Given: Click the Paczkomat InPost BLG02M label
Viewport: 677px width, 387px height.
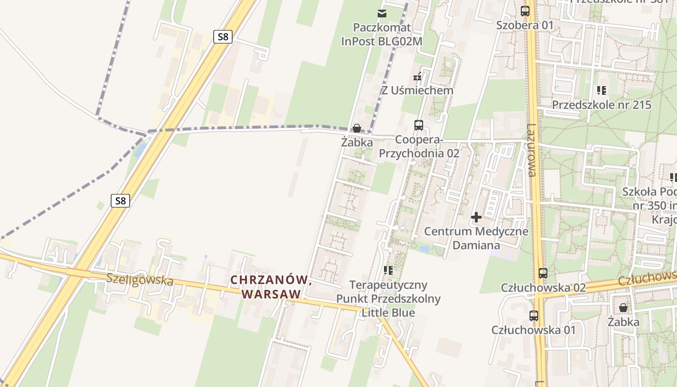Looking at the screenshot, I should coord(382,34).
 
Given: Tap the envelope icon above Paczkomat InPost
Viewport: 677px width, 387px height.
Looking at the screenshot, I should coord(382,13).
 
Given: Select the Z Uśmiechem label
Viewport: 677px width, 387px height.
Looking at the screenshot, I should coord(418,90).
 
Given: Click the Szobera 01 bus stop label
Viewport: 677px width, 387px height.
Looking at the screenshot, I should coord(525,25).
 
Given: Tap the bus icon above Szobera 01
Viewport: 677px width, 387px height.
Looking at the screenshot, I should coord(525,11).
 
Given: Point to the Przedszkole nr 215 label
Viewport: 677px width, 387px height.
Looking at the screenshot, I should coord(602,105).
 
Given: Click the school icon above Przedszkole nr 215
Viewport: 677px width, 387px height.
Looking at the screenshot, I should coord(602,90).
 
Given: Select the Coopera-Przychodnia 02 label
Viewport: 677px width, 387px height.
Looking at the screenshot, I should coord(419,147).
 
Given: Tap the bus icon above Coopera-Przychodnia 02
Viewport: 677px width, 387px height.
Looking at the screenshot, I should coord(419,125).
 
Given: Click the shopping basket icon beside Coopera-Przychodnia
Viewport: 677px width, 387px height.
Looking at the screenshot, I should coord(357,128).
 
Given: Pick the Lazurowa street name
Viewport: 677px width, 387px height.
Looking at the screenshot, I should coord(531,150).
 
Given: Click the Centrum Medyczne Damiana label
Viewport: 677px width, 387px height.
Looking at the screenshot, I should coord(476,238).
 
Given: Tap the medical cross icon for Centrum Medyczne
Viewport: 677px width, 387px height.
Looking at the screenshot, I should coord(476,217).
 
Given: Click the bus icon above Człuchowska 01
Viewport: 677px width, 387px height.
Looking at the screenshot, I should coord(534,316).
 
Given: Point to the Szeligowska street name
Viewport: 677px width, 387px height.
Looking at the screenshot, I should coord(140,280).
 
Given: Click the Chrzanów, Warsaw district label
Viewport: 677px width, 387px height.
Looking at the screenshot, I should coord(270,287).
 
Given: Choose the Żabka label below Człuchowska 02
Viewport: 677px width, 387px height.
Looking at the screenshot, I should coord(623,322).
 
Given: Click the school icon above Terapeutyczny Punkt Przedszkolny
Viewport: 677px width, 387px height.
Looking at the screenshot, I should coord(388,270).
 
